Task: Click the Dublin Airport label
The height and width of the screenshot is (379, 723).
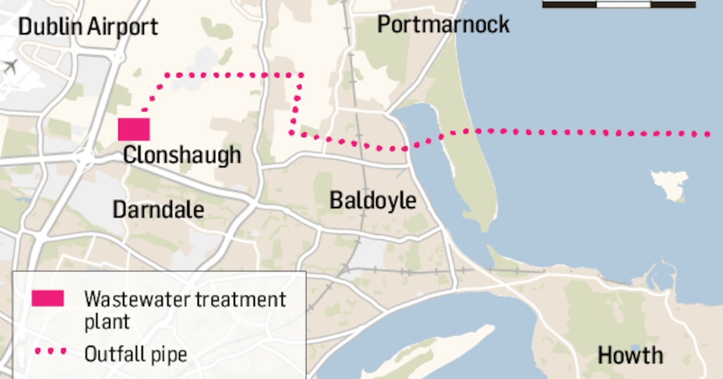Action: (x=88, y=26)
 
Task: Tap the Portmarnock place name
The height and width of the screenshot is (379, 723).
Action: (x=443, y=24)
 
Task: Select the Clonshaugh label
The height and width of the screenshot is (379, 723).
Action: (x=182, y=155)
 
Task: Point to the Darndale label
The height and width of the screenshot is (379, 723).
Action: (x=158, y=209)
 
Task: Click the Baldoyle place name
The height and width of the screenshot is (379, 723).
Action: (x=372, y=200)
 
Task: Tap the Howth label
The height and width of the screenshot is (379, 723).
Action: (x=630, y=355)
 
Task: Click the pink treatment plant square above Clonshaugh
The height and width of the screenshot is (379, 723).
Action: (x=134, y=129)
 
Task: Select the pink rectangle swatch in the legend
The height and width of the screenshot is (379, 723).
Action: (x=48, y=298)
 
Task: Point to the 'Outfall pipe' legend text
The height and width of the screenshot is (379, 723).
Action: (x=136, y=354)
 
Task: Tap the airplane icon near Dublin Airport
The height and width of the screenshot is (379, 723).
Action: (x=10, y=66)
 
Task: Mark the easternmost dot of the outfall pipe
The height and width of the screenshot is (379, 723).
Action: (x=710, y=134)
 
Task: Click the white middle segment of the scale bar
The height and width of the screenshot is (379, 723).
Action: (x=624, y=4)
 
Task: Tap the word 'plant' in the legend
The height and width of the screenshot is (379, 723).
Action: (x=107, y=321)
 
